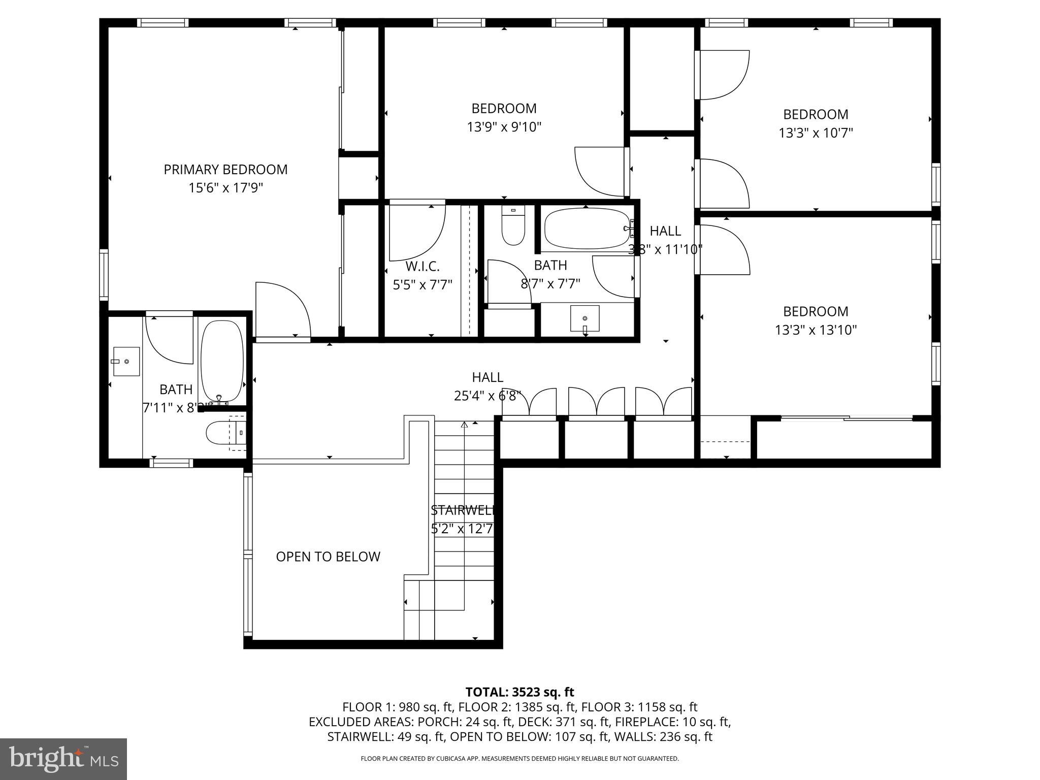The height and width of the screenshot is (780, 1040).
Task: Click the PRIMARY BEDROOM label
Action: click(x=225, y=170)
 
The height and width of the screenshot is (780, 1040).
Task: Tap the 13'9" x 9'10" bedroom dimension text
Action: click(x=504, y=127)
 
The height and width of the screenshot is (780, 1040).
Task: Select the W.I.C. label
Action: click(x=422, y=266)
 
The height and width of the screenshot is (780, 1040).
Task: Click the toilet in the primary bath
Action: click(x=223, y=433)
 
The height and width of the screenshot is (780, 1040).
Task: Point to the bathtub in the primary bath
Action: click(x=222, y=361)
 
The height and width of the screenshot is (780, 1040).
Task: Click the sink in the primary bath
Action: click(x=126, y=361)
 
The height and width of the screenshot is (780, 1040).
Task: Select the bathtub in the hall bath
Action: click(x=587, y=229)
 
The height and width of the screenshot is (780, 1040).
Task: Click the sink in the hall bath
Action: click(x=584, y=318)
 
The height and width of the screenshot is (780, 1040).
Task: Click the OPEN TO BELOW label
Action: click(x=328, y=557)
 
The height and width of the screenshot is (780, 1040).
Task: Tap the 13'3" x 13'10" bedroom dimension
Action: click(x=815, y=330)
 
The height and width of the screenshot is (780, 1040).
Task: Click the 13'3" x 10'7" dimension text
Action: click(x=815, y=133)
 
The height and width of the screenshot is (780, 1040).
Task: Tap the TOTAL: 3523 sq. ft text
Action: click(x=519, y=692)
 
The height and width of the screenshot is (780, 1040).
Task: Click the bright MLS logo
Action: click(x=63, y=759)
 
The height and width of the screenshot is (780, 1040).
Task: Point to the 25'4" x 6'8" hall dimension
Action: click(x=487, y=396)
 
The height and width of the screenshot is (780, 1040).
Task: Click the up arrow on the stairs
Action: click(x=464, y=425)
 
